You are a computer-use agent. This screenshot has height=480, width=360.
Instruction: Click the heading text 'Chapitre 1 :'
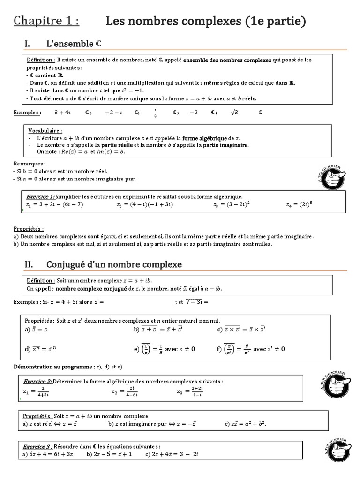(x=46, y=21)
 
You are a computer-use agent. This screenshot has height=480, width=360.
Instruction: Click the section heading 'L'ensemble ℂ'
(x=74, y=44)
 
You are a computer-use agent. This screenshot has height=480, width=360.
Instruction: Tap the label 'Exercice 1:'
(x=40, y=197)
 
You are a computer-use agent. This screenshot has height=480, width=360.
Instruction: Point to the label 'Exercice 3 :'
(x=38, y=447)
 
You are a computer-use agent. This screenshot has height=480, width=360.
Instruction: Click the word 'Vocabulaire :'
(x=45, y=130)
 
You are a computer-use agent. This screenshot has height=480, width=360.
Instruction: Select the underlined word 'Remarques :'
(x=30, y=164)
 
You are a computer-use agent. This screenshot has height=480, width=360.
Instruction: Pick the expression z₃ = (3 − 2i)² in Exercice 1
(x=231, y=204)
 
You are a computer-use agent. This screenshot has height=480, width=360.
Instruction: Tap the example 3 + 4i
(x=62, y=112)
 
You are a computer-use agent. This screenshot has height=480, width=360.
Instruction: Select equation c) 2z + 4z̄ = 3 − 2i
(x=172, y=454)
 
